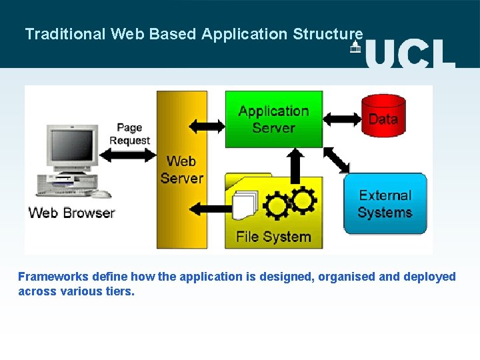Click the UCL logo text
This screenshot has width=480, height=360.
tap(409, 52)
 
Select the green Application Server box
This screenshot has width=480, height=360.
tap(273, 119)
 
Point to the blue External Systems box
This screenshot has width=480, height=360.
tap(385, 203)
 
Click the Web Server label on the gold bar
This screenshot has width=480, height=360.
tap(181, 169)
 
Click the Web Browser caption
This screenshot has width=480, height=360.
tap(71, 213)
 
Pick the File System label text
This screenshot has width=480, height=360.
tap(273, 237)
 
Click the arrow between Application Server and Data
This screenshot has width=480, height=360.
tap(341, 119)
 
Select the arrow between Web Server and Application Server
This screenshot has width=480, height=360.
tap(207, 125)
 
